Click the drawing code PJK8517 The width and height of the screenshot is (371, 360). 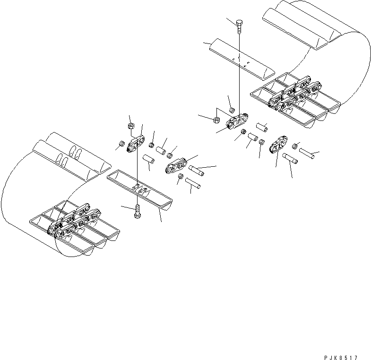click(341, 345)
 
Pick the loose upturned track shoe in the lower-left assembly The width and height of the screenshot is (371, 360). click(139, 189)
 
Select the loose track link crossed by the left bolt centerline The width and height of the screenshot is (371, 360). click(136, 143)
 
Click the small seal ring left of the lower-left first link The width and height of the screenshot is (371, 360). click(121, 144)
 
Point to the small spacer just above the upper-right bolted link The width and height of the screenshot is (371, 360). click(232, 110)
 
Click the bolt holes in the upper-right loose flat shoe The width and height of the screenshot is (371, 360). click(241, 59)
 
